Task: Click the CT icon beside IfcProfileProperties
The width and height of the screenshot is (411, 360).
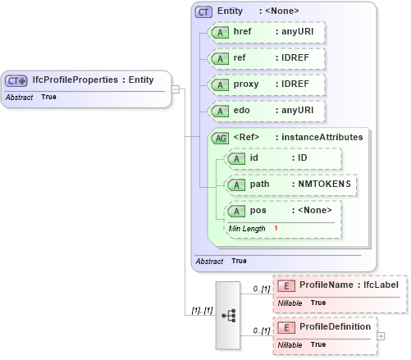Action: pos(16,80)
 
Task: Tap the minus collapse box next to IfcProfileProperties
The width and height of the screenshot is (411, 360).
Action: pos(176,89)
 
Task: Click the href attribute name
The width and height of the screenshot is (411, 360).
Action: pos(243,32)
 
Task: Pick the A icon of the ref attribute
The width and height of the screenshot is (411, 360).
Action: pos(220,59)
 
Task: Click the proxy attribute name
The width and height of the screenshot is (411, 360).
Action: pos(247,85)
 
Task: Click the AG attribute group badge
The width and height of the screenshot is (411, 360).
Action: pos(220,138)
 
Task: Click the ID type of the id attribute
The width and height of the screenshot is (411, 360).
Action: pos(302,158)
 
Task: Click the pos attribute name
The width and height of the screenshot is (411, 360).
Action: pos(258,211)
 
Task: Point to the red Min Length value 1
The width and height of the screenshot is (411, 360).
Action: pos(276,228)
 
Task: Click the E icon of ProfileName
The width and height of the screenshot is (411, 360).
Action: pos(286,285)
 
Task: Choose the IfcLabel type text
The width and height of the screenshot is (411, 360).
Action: pos(381,285)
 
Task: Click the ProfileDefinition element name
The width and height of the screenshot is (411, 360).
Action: pos(334,326)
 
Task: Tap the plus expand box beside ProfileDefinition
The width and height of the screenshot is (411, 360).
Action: pos(380,335)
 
